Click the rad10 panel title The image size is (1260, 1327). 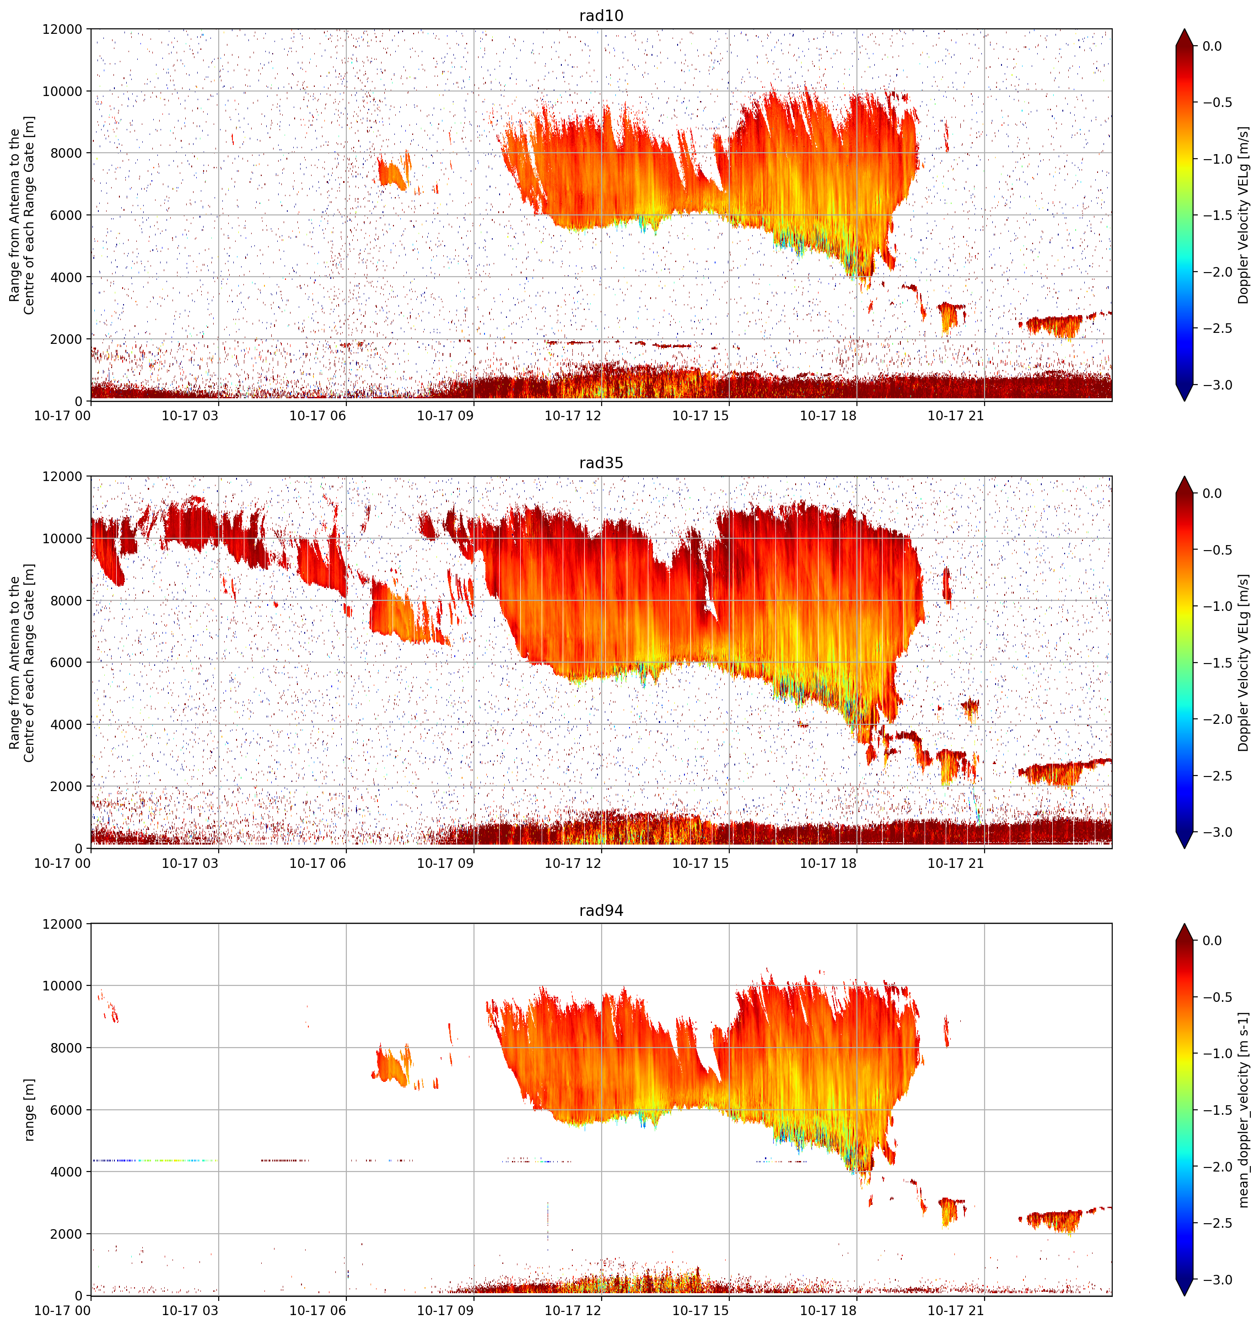[601, 16]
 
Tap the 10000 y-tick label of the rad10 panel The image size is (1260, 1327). [63, 91]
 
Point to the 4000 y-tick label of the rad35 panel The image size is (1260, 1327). [66, 724]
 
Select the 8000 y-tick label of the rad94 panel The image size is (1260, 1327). [66, 1048]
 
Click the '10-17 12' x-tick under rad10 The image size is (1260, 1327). [573, 416]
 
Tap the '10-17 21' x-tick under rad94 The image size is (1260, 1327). [956, 1310]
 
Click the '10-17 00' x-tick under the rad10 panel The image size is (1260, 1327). [63, 416]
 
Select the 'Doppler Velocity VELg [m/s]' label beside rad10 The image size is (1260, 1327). [1244, 215]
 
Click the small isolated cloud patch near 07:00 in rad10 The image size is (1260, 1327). [392, 171]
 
